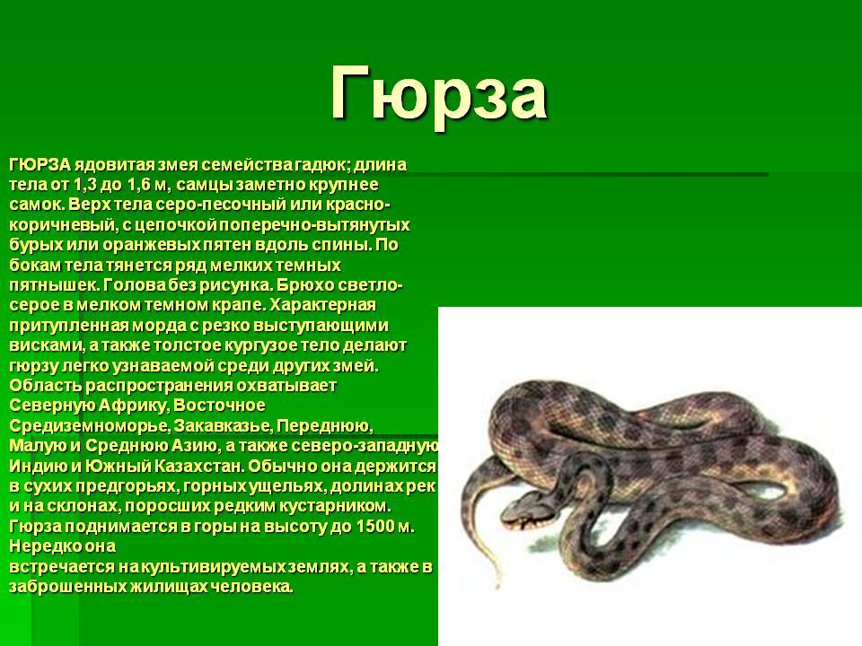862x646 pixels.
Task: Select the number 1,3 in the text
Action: [x=84, y=185]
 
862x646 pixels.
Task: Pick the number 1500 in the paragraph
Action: [x=375, y=527]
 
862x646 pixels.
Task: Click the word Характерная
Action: [x=322, y=305]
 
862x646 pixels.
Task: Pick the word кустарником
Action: [x=339, y=506]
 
